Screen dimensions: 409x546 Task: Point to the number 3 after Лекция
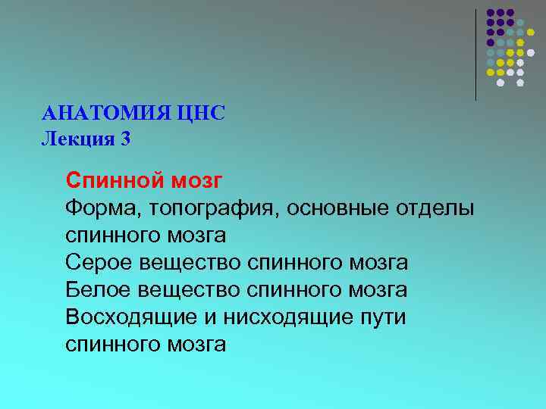(124, 139)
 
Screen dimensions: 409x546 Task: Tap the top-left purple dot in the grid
(491, 13)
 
